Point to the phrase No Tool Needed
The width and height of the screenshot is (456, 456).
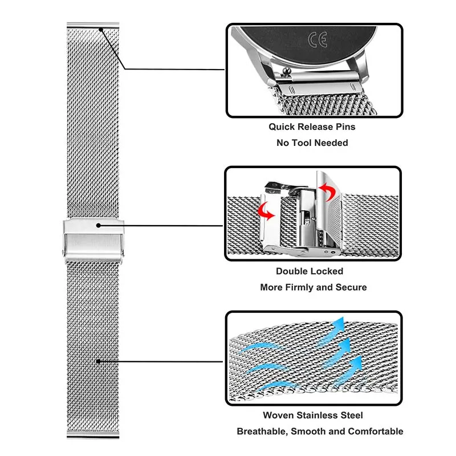pos(312,142)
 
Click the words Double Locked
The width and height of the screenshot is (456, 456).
pos(310,272)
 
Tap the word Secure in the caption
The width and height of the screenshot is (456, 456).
pos(349,287)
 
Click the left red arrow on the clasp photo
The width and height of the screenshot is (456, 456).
pos(266,210)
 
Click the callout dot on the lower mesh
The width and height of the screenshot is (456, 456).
pos(99,361)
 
